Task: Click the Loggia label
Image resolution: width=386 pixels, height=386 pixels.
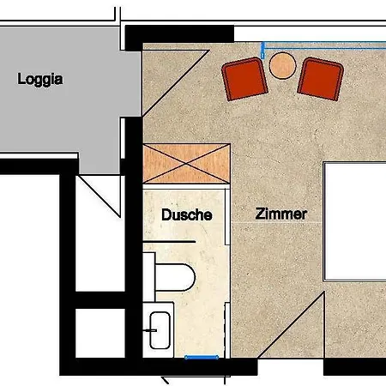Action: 40,80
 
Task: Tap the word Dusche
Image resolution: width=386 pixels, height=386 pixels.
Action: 187,214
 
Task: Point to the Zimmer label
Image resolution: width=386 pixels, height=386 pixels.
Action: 281,214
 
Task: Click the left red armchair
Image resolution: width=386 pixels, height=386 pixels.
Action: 244,79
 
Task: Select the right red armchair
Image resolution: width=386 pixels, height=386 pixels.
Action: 321,79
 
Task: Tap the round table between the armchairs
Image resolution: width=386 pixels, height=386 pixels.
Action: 282,65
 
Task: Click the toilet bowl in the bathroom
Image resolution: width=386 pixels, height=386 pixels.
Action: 175,277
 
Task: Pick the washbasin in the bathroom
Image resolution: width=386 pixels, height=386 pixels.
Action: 160,330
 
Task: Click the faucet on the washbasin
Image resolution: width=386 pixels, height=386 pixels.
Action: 150,330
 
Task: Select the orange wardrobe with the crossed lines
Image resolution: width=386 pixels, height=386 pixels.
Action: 186,164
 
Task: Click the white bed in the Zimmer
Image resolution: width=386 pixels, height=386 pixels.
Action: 354,221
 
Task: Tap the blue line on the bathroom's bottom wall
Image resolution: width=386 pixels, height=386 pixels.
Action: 202,357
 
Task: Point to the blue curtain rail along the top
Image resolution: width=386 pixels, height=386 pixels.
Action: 323,45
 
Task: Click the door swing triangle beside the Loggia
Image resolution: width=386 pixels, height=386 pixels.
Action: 176,83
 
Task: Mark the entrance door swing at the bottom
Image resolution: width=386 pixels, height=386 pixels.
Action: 291,324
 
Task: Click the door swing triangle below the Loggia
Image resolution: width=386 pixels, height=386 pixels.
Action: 100,196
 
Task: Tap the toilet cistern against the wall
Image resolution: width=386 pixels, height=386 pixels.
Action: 149,277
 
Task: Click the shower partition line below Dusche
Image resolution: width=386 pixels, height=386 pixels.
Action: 169,242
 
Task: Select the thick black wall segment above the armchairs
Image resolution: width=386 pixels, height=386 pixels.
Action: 179,33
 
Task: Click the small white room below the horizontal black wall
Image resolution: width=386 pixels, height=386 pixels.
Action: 100,333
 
